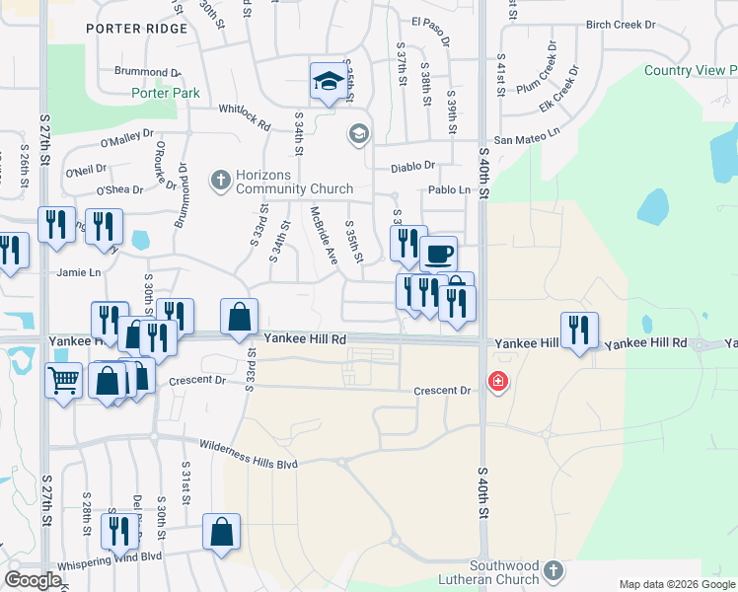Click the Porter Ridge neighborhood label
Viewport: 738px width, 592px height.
[136, 29]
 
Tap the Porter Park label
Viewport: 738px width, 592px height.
[166, 94]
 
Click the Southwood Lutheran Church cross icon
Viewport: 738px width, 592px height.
[553, 569]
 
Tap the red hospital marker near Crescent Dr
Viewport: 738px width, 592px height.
[498, 381]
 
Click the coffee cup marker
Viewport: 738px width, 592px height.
[439, 254]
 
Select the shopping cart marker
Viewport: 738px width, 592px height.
[64, 379]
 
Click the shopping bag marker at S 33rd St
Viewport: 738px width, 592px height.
[239, 318]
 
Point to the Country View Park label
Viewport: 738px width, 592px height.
[690, 70]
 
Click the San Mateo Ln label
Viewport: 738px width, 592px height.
[527, 140]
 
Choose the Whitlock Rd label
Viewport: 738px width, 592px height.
[244, 117]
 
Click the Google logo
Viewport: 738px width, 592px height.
[34, 579]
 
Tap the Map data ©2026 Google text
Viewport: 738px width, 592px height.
[674, 584]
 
